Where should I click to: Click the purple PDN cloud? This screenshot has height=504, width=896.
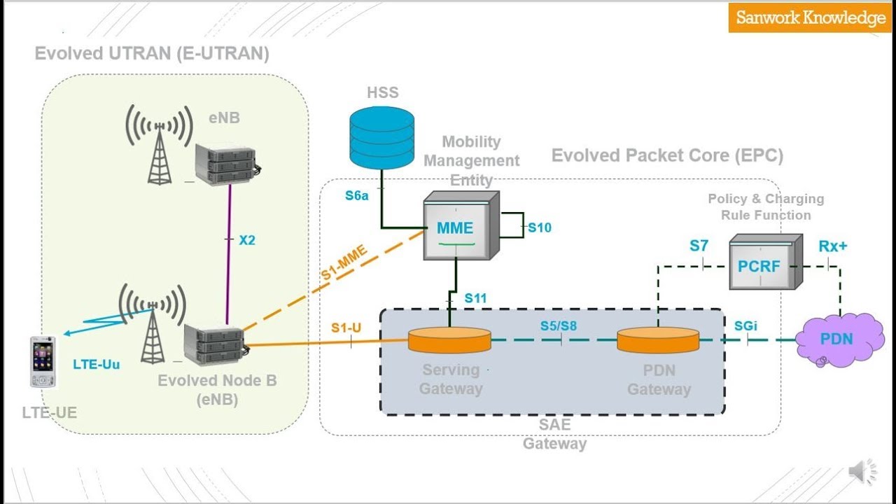[x=836, y=339]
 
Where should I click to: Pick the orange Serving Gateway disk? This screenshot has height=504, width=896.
[x=449, y=340]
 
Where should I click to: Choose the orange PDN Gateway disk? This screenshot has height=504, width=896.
[x=657, y=340]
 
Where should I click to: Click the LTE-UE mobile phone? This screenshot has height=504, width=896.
[x=43, y=361]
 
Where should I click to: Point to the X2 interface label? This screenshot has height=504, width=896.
[x=247, y=240]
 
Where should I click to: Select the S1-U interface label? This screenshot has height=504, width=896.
[x=346, y=327]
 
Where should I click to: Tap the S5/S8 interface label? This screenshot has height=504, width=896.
[x=559, y=325]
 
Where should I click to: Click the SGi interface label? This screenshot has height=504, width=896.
[x=745, y=325]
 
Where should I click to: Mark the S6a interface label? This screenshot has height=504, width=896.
[x=356, y=196]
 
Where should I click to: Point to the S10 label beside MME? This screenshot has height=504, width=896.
[x=540, y=227]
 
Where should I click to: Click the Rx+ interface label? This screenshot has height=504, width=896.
[x=832, y=246]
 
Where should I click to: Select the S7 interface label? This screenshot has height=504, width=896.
[x=699, y=246]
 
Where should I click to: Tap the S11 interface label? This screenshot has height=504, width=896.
[x=475, y=298]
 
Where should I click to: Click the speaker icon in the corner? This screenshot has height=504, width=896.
[x=862, y=472]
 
